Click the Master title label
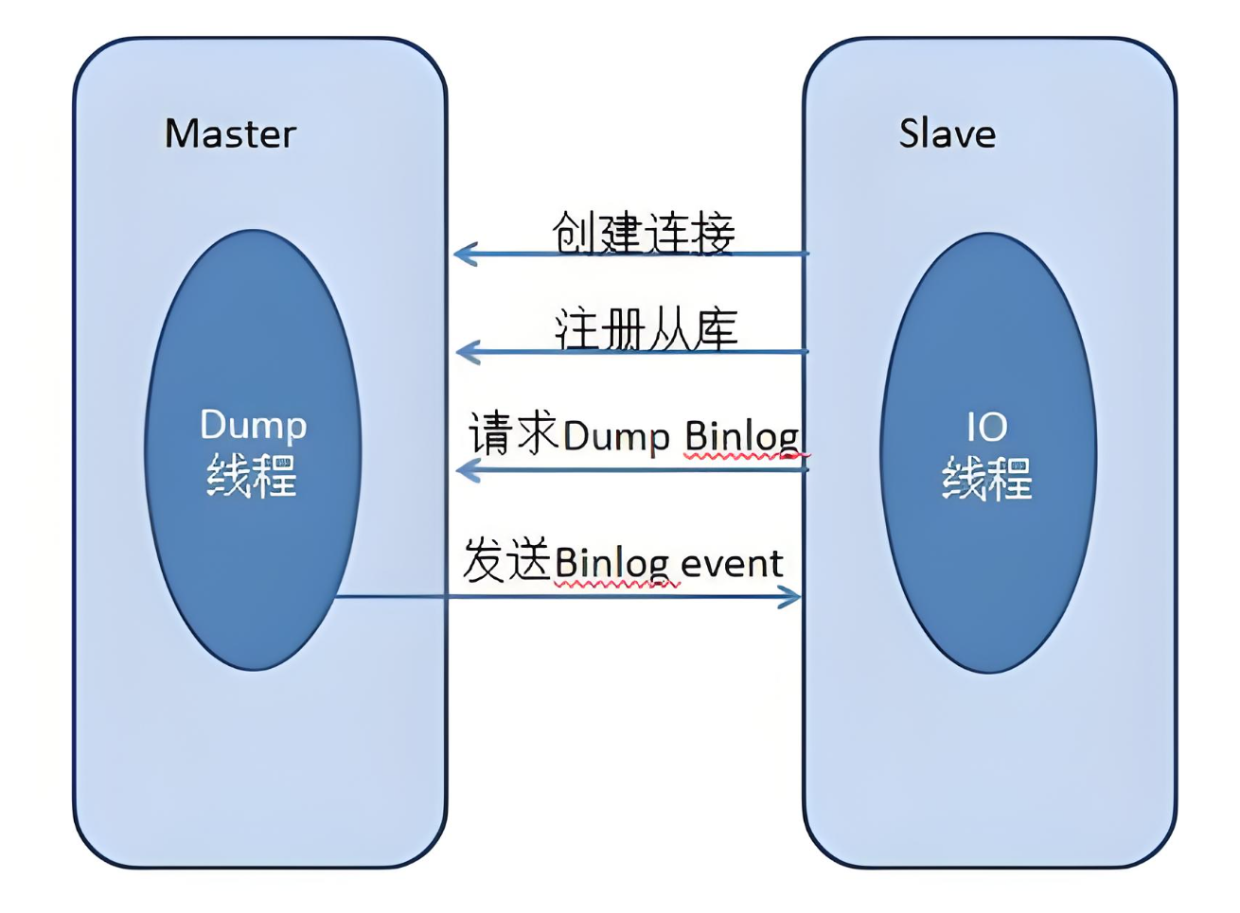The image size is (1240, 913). pyautogui.click(x=230, y=133)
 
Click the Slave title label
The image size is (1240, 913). pyautogui.click(x=947, y=133)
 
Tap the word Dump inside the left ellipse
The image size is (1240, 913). pyautogui.click(x=253, y=426)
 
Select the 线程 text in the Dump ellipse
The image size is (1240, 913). pyautogui.click(x=252, y=475)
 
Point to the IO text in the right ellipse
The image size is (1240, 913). pyautogui.click(x=986, y=428)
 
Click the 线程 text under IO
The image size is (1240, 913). pyautogui.click(x=986, y=478)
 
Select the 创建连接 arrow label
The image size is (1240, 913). pyautogui.click(x=643, y=232)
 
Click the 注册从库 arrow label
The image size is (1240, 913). pyautogui.click(x=646, y=328)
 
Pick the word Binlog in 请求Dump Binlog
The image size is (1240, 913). pyautogui.click(x=742, y=436)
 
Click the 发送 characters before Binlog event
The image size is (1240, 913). pyautogui.click(x=506, y=560)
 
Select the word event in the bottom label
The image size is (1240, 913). pyautogui.click(x=731, y=564)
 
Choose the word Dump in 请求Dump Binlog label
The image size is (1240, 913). pyautogui.click(x=616, y=436)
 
